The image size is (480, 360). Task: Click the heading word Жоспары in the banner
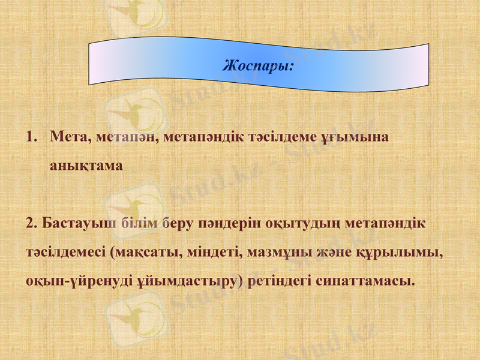pyautogui.click(x=257, y=64)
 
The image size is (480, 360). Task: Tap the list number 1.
pyautogui.click(x=31, y=137)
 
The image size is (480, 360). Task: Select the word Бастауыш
pyautogui.click(x=77, y=223)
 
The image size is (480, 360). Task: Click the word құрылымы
pyautogui.click(x=401, y=253)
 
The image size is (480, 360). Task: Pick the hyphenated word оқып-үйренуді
pyautogui.click(x=73, y=281)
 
